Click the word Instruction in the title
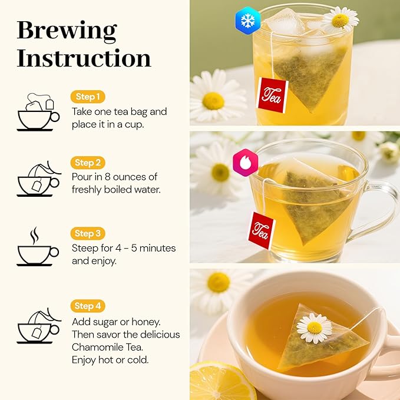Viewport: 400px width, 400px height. point(84,58)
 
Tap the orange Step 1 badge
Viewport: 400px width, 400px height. point(88,97)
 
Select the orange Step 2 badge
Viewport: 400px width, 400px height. point(88,163)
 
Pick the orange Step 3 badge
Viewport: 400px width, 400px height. point(88,233)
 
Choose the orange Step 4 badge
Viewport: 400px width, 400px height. point(88,306)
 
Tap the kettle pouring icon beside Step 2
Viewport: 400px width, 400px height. point(38,178)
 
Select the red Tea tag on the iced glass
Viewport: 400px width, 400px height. point(272,95)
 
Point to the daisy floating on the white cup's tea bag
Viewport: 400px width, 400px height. point(314,328)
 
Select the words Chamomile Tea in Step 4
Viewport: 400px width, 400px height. point(109,347)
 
